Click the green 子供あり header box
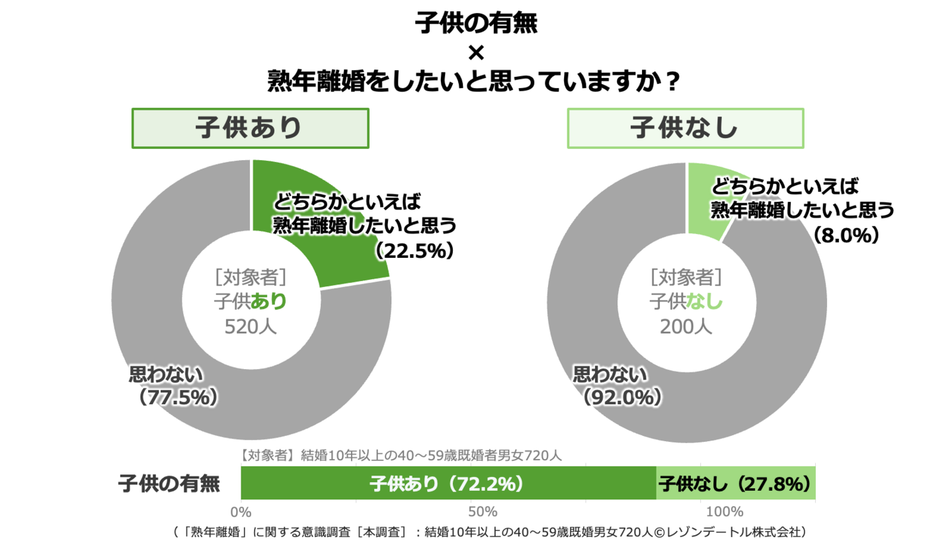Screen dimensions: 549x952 point(251,128)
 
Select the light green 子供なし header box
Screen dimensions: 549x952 point(686,128)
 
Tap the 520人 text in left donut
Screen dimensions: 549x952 point(251,327)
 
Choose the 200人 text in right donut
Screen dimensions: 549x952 point(686,326)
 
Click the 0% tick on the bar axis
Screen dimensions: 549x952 point(240,511)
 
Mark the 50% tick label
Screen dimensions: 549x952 point(482,511)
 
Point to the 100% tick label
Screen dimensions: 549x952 point(725,511)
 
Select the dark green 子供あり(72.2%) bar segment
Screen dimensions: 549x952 point(448,484)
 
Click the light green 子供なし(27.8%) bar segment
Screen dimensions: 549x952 point(735,484)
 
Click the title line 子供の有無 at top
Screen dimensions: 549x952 point(476,24)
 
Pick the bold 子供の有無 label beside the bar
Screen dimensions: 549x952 point(169,484)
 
